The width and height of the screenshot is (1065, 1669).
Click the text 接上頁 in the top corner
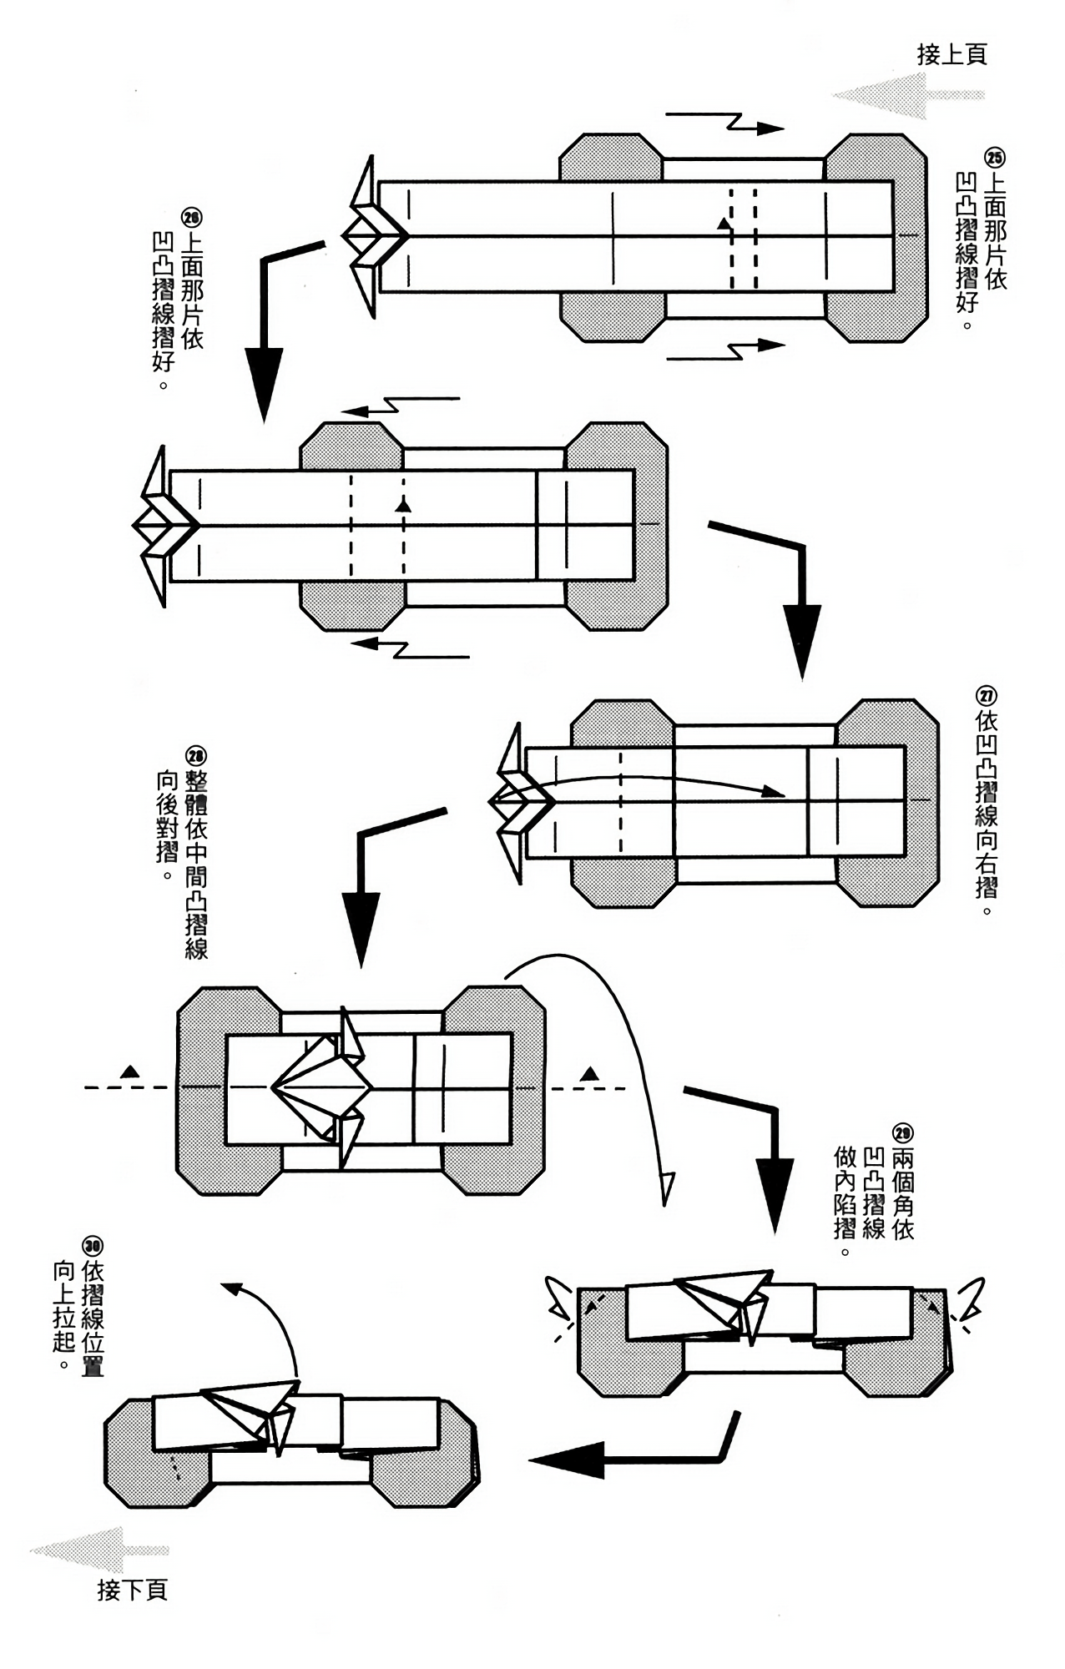click(951, 55)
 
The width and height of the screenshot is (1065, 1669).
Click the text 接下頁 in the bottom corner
click(133, 1590)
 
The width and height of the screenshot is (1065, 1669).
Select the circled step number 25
click(995, 158)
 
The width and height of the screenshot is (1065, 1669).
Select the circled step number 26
click(191, 219)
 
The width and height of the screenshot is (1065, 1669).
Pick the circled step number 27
click(986, 696)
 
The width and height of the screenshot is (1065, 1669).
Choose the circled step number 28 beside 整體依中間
click(195, 756)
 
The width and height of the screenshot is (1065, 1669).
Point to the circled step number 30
click(92, 1246)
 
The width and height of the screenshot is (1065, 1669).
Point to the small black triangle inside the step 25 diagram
click(723, 224)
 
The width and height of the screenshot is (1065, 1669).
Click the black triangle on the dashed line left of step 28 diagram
click(129, 1071)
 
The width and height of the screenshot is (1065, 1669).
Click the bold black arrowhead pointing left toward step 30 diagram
click(568, 1460)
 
